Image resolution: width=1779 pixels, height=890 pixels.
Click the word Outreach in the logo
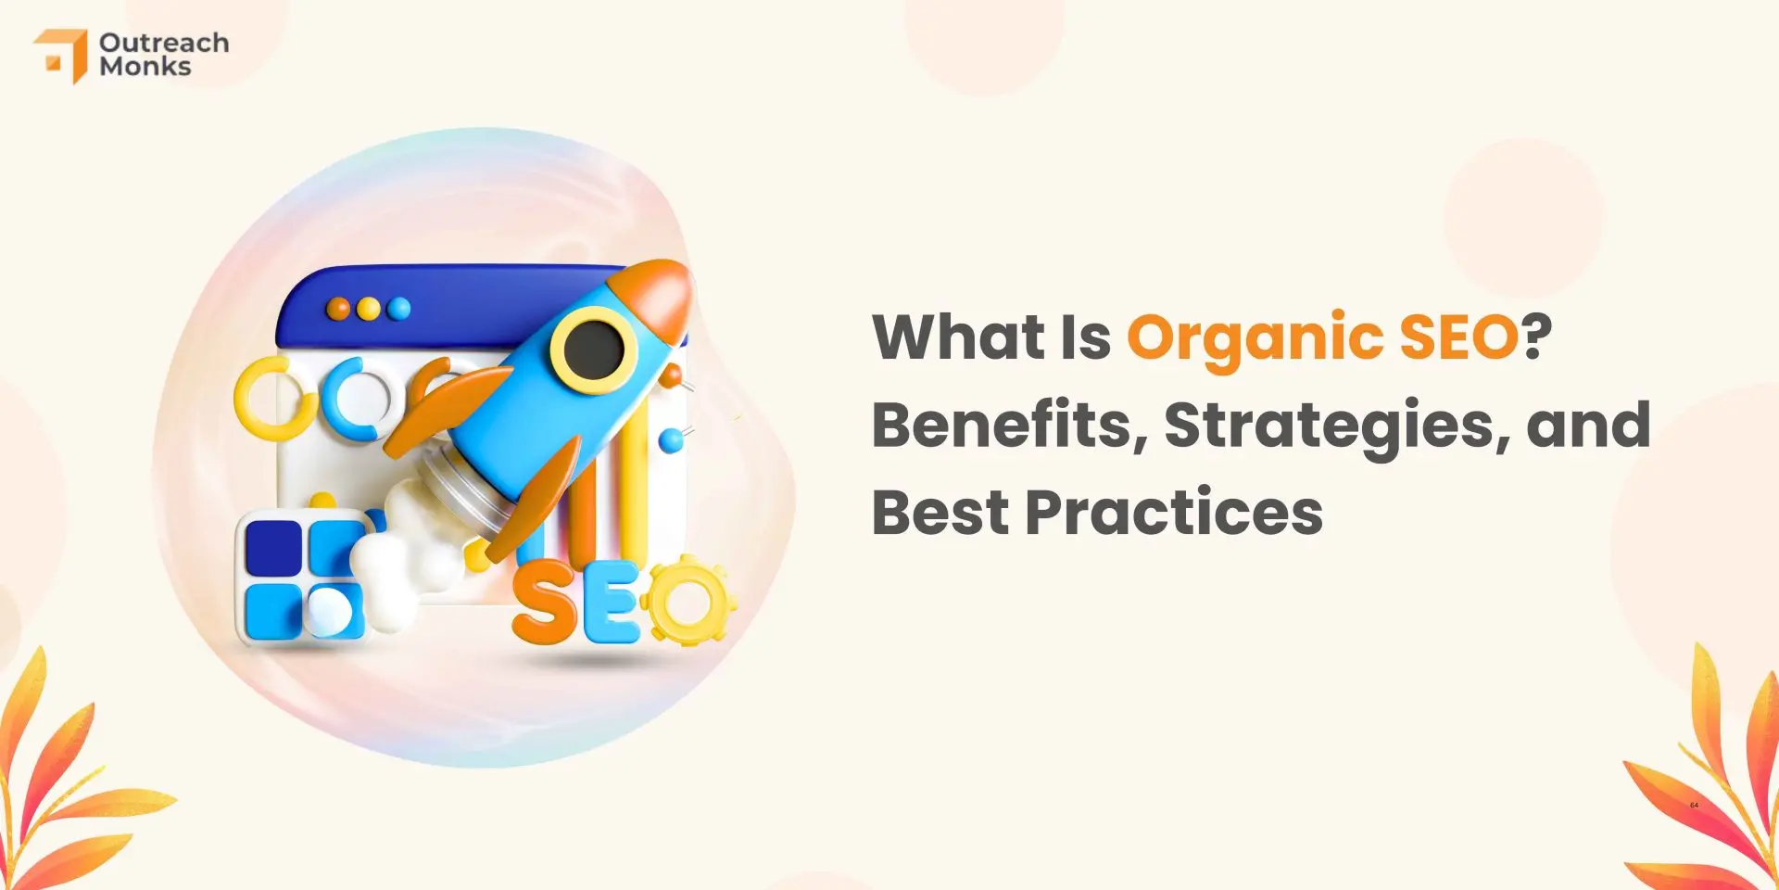click(164, 43)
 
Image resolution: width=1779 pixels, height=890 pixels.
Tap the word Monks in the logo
click(145, 67)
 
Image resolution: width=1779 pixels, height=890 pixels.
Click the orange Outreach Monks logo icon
click(61, 56)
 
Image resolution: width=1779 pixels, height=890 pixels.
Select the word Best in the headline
click(940, 513)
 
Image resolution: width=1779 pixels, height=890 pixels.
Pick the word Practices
click(1174, 513)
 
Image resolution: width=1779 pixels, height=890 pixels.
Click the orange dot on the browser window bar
click(339, 309)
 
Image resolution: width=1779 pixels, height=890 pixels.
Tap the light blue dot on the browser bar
click(399, 308)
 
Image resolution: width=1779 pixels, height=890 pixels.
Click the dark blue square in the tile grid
click(273, 546)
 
